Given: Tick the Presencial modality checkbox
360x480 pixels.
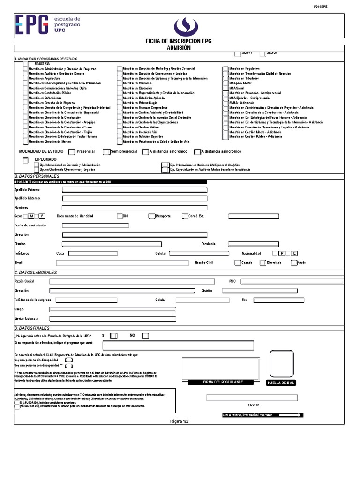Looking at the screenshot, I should pos(72,152).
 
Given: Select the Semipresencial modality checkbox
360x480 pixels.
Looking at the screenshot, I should pos(106,152).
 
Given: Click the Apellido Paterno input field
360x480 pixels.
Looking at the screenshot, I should pos(135,190).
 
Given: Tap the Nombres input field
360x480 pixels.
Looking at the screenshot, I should pos(135,207).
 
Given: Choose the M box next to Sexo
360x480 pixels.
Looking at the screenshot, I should pos(31,216).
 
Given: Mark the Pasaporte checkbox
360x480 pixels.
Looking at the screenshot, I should pos(152,216).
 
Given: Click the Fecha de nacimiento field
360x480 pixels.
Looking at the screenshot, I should pos(95,225).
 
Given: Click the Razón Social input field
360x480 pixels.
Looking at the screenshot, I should pos(132,281).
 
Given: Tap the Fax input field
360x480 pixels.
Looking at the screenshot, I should pos(278,300).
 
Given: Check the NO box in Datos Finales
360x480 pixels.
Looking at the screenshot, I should pos(146,336).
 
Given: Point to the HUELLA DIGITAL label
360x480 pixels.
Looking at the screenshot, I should pos(280,383).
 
